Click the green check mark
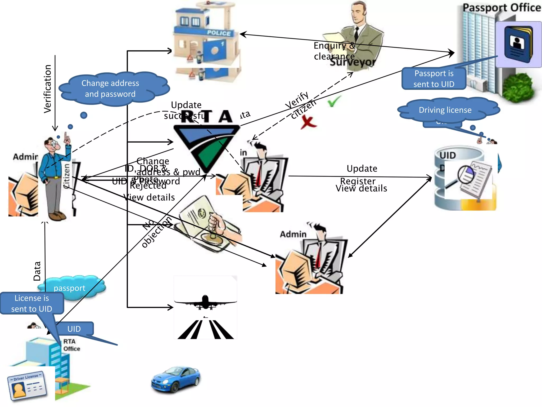[x=334, y=101]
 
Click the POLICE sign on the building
[x=219, y=33]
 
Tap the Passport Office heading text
[x=501, y=7]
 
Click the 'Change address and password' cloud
[x=111, y=89]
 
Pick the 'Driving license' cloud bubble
[x=445, y=110]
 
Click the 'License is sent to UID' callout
[x=32, y=303]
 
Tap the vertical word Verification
[x=48, y=89]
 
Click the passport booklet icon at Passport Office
[x=518, y=44]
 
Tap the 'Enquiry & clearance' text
[x=334, y=51]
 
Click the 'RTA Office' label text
[x=71, y=345]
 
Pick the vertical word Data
[x=37, y=271]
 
